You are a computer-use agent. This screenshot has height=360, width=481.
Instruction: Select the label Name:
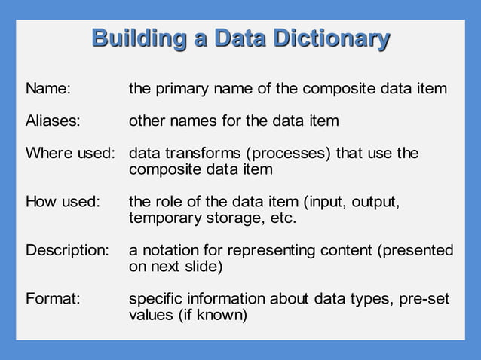[x=48, y=89]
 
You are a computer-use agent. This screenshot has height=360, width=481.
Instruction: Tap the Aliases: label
[x=53, y=121]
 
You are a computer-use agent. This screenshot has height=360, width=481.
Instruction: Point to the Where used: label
[x=70, y=154]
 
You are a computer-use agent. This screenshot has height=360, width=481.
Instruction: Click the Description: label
[x=67, y=249]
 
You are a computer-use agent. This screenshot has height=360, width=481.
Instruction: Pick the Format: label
[x=53, y=298]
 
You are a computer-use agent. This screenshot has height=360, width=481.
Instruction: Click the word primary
[x=182, y=89]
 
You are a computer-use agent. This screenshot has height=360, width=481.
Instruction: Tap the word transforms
[x=200, y=154]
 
